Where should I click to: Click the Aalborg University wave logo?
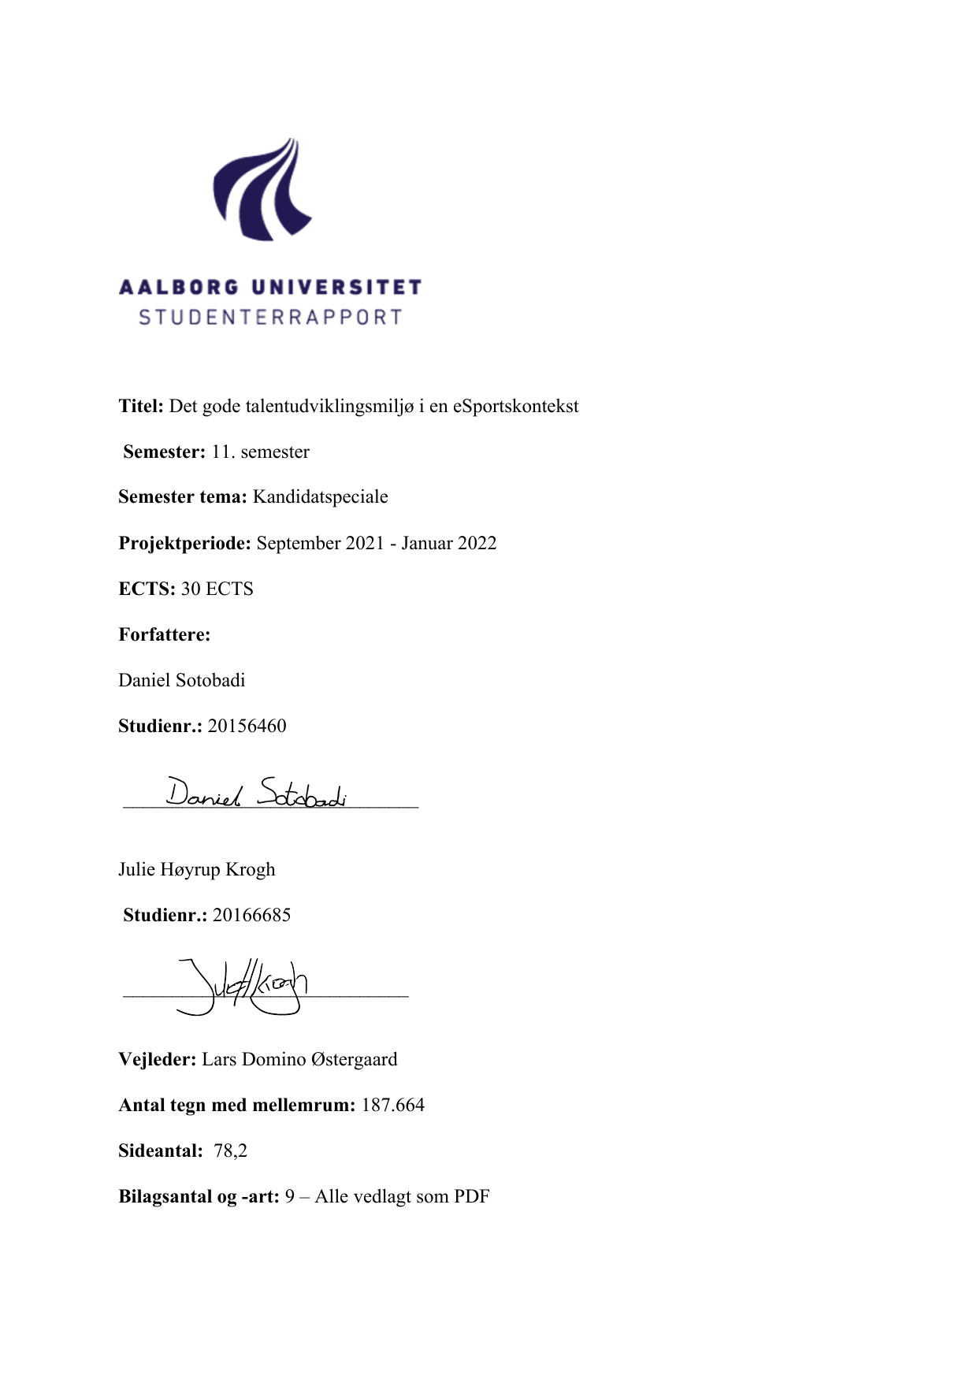[263, 190]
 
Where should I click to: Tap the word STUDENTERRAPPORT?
[270, 318]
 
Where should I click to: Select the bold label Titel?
[141, 407]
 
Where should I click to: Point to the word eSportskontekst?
[515, 407]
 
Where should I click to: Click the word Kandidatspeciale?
[320, 497]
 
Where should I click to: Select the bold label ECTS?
[147, 589]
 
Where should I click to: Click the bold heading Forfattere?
[165, 635]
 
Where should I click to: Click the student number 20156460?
[247, 727]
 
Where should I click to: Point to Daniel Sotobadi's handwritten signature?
[256, 793]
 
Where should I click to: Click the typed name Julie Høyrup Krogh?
[197, 870]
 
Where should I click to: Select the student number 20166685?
[251, 916]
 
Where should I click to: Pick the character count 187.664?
[392, 1106]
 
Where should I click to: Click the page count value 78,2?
[230, 1151]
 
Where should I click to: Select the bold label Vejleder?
[157, 1060]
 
